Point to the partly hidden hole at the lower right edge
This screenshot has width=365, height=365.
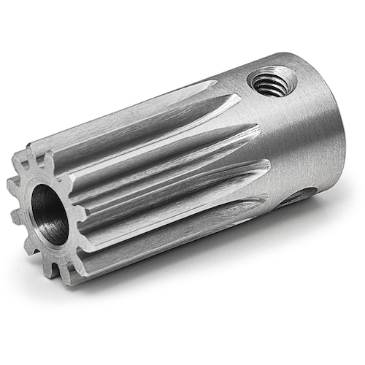[x=307, y=195]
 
